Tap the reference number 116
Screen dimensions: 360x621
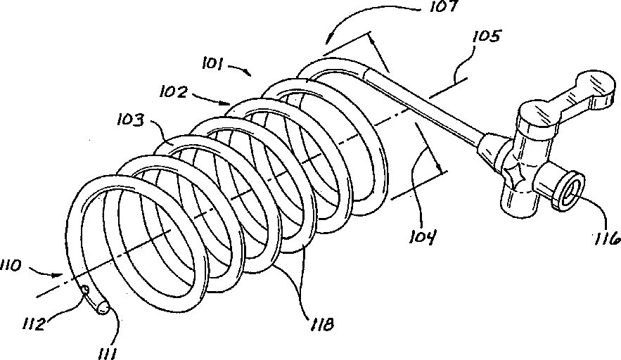605,239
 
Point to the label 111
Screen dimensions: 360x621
107,350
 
